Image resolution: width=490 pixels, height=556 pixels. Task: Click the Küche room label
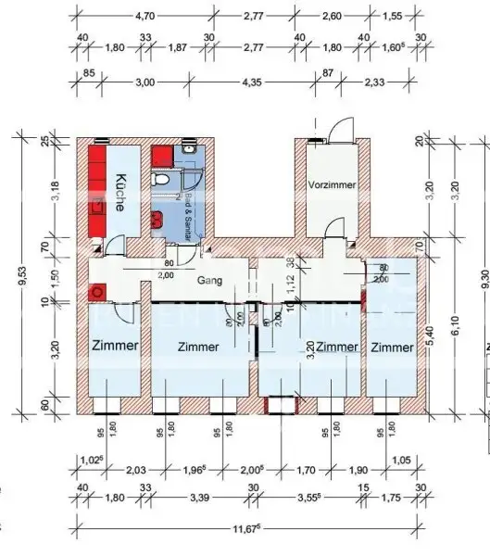tap(119, 191)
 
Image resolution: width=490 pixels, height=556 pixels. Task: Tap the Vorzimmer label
tap(332, 185)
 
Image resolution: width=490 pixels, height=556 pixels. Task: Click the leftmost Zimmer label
tap(115, 346)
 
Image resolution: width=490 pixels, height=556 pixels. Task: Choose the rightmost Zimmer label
tap(393, 347)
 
